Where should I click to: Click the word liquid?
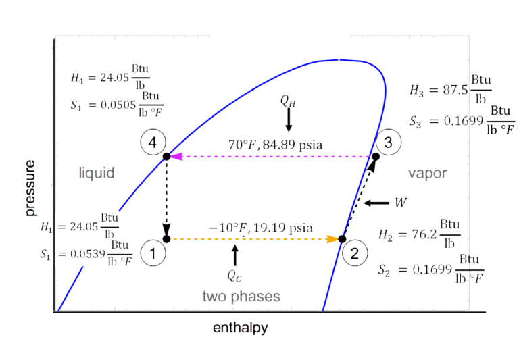pyautogui.click(x=95, y=173)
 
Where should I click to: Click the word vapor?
pyautogui.click(x=427, y=174)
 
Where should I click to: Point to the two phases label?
pyautogui.click(x=241, y=297)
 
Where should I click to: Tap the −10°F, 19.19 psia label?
pyautogui.click(x=259, y=227)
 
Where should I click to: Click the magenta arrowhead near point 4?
pyautogui.click(x=178, y=157)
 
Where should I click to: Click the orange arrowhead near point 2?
pyautogui.click(x=332, y=239)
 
